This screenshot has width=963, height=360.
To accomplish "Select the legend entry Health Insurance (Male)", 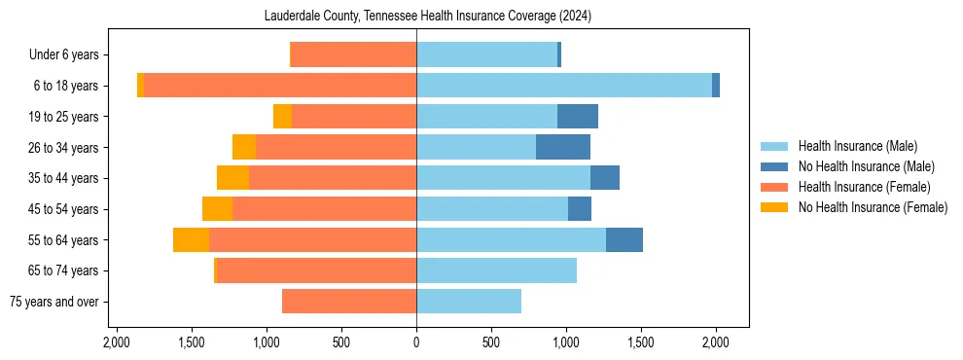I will coord(857,146).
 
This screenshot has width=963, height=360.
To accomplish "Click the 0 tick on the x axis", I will coord(416,342).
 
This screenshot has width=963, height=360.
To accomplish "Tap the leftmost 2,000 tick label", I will coord(116,342).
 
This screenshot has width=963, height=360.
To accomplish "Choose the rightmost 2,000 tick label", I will coord(716,342).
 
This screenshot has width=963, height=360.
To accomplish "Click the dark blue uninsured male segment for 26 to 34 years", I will coord(563,147).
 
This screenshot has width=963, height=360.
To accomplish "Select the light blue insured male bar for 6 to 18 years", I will coord(564,86).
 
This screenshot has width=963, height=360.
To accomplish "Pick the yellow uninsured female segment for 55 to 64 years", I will coord(191,239).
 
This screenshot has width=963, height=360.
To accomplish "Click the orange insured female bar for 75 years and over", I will coord(349,302).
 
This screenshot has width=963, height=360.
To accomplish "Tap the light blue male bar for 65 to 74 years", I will coord(496,270).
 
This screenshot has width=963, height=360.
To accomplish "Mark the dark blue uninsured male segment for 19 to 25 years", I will coord(578,117).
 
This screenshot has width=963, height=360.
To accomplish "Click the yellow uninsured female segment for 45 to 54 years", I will coord(217,209).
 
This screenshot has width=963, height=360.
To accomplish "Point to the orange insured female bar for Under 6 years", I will coord(354,54).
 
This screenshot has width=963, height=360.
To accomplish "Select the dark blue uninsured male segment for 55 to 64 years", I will coord(624,239).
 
